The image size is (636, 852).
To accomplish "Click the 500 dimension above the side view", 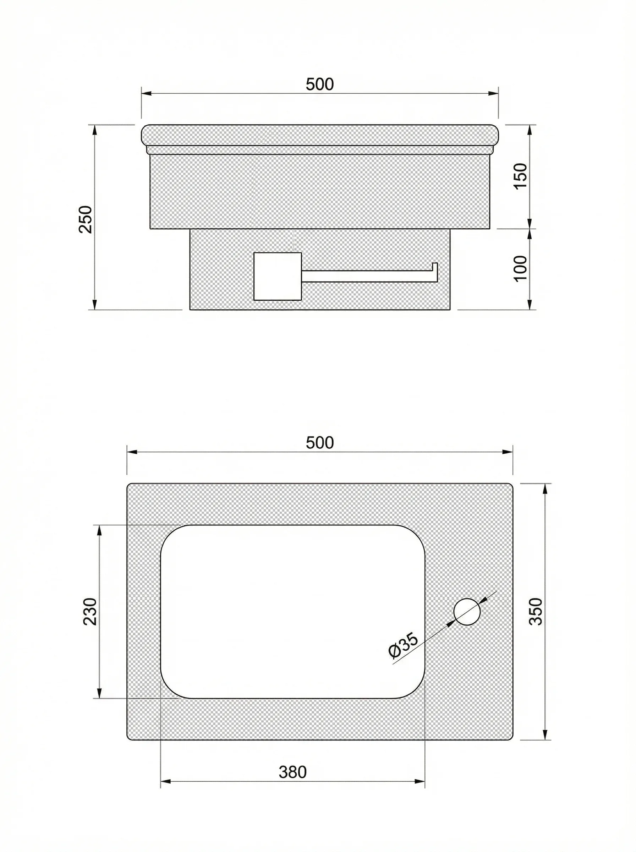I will (319, 84).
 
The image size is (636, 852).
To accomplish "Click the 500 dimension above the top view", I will (319, 443).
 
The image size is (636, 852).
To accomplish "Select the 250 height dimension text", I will (86, 219).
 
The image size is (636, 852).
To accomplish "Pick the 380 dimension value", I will (292, 771).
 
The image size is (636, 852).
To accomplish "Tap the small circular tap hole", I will (467, 612).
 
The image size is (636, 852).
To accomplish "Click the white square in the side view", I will (277, 276).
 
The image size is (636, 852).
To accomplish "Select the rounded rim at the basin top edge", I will (319, 136).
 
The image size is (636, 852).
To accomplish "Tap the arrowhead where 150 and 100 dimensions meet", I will (530, 228).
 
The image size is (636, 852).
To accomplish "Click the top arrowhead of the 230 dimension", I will (99, 530).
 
